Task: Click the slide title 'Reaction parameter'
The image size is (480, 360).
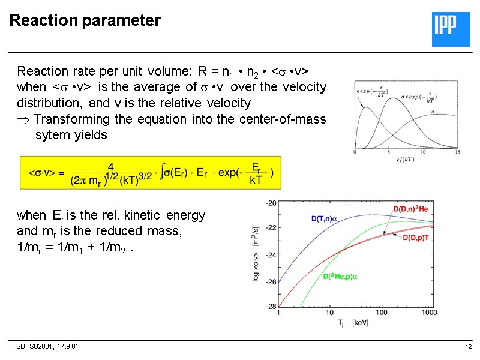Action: pos(85,21)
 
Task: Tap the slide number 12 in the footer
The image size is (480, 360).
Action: pos(469,347)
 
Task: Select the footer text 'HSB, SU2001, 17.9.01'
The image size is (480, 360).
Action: pos(45,347)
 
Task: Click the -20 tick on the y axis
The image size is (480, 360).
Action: pos(271,203)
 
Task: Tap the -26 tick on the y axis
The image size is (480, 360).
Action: pos(271,281)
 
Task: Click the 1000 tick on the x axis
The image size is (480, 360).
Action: pos(429,313)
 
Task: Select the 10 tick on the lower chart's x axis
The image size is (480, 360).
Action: pos(329,313)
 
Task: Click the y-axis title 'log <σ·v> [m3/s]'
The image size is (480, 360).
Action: pos(259,255)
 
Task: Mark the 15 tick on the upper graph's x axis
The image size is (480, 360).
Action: pos(457,152)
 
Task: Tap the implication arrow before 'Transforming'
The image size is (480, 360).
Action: pos(22,119)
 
